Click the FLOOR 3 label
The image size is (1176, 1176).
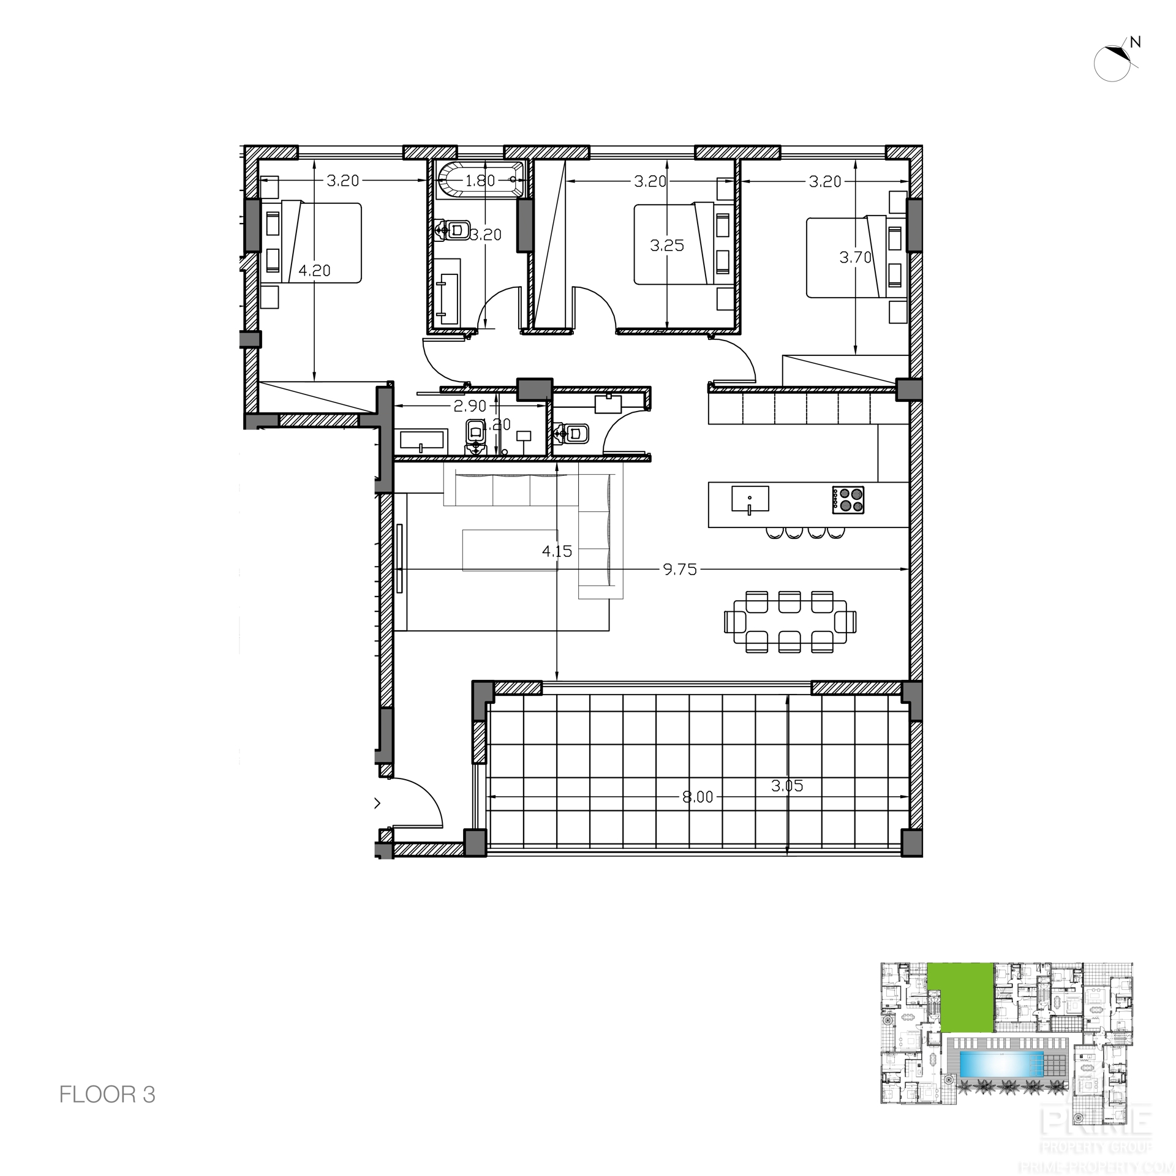pos(107,1095)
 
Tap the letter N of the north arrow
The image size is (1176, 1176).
pos(1135,59)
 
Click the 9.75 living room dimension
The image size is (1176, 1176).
pos(680,570)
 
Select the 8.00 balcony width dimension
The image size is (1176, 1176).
pos(698,797)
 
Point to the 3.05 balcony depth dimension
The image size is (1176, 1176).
pos(787,786)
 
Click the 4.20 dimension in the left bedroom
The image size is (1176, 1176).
pos(314,270)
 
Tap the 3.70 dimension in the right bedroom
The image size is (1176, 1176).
pos(855,257)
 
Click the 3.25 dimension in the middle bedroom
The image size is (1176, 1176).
pos(666,246)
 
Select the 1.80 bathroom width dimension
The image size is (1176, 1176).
pos(480,181)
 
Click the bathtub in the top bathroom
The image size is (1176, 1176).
pos(481,179)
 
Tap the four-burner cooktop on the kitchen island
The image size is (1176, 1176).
pos(848,499)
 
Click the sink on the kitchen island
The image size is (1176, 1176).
pos(750,499)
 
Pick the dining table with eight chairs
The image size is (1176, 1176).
pos(790,622)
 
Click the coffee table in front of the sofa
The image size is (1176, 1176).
pos(510,550)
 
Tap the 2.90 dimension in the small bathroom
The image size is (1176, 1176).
pos(470,405)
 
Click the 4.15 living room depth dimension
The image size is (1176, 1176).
pos(557,551)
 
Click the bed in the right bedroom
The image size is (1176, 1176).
pos(845,257)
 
